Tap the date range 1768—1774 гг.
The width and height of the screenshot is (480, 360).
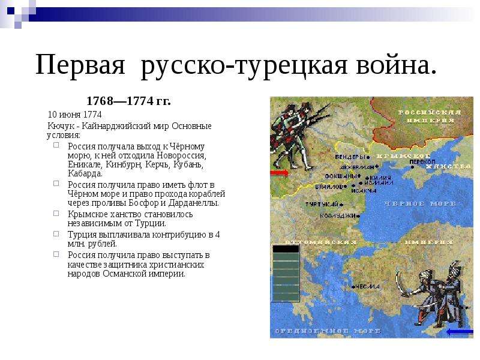(x=128, y=101)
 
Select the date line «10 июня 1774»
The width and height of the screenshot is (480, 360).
(x=75, y=114)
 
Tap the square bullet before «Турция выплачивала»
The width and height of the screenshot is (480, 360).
(x=55, y=234)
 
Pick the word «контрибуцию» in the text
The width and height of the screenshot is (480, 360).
(x=181, y=235)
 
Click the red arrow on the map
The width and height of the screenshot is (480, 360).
(x=280, y=173)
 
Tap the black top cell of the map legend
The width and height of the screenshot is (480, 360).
(x=286, y=248)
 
